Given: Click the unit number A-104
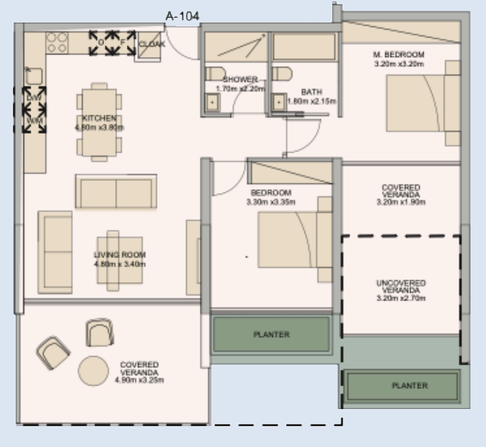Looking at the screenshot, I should pyautogui.click(x=182, y=17).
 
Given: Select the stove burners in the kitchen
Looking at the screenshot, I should pyautogui.click(x=56, y=42).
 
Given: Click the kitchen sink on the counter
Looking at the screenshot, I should pyautogui.click(x=34, y=75).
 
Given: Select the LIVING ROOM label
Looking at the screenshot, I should pyautogui.click(x=120, y=255).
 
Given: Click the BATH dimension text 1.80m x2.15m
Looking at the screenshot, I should pyautogui.click(x=312, y=101).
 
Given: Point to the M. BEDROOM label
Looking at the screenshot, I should pyautogui.click(x=398, y=55).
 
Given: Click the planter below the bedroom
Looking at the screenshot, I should pyautogui.click(x=271, y=335).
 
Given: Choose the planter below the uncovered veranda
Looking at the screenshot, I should pyautogui.click(x=401, y=386).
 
